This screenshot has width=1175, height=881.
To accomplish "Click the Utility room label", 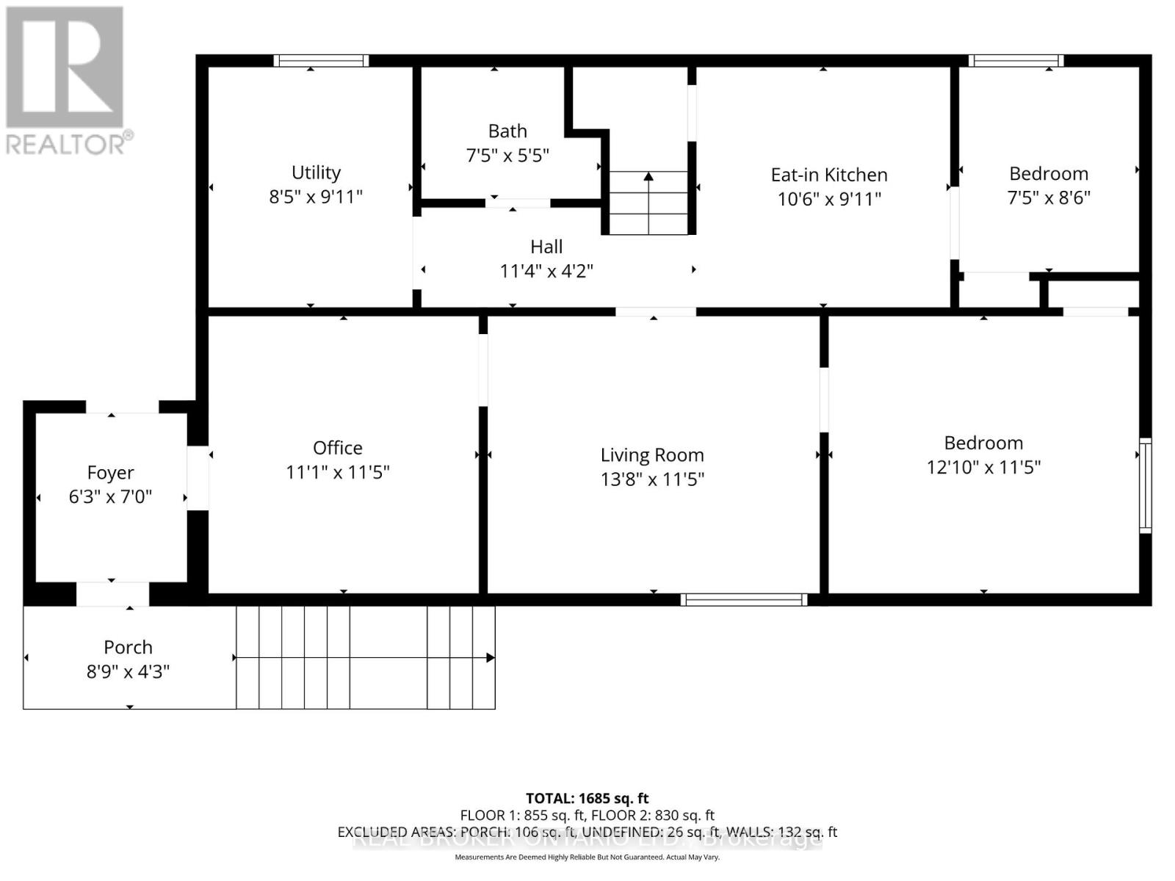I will click(x=316, y=173).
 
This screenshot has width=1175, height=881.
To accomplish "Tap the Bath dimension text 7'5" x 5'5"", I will click(x=507, y=156).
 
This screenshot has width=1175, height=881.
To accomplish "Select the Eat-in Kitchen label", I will click(x=829, y=175).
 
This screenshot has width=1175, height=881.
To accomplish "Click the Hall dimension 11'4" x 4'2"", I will click(x=546, y=271).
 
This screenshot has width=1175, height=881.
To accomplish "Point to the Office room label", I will click(x=338, y=448).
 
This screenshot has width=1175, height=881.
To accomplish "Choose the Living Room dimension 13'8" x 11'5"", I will click(x=652, y=479).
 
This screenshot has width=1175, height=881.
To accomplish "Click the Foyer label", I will click(x=110, y=473).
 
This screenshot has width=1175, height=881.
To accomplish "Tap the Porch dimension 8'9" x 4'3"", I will click(x=128, y=672).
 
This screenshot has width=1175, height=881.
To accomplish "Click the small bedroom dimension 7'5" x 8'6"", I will click(x=1049, y=197).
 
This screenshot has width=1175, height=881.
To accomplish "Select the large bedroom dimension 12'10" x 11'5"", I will click(x=983, y=467).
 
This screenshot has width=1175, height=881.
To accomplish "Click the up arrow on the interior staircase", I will click(x=648, y=177).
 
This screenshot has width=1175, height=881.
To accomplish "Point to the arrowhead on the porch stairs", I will click(x=491, y=658).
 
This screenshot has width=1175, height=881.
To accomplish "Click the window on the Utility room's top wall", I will click(x=321, y=61).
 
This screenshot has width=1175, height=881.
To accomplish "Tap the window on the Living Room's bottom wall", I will click(x=744, y=600).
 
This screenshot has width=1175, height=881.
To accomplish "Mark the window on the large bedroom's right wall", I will click(x=1145, y=485).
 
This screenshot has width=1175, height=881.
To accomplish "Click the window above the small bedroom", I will click(x=1016, y=61).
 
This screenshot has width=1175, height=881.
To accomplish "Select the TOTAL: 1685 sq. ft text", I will click(x=587, y=798).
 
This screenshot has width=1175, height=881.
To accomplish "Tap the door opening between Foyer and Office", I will click(x=198, y=478).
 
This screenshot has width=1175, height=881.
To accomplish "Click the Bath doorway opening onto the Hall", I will click(x=518, y=203).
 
